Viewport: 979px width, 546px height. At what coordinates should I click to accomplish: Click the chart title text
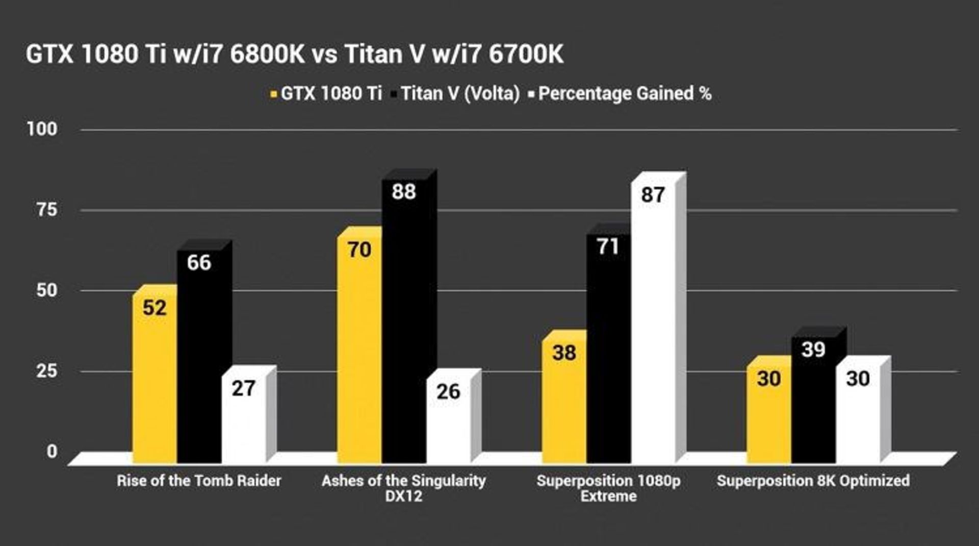(x=295, y=54)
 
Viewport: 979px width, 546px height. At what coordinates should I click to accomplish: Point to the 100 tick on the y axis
(x=42, y=129)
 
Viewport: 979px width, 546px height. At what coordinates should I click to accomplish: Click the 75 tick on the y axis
(x=47, y=210)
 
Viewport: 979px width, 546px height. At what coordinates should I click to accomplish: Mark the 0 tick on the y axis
(x=52, y=451)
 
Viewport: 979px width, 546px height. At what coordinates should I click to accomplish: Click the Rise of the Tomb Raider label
(x=199, y=481)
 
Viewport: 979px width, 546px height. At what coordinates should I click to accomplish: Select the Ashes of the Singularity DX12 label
(x=404, y=488)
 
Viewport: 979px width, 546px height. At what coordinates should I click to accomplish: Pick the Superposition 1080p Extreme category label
(x=608, y=488)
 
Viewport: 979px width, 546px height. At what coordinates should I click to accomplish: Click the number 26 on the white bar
(x=448, y=392)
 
